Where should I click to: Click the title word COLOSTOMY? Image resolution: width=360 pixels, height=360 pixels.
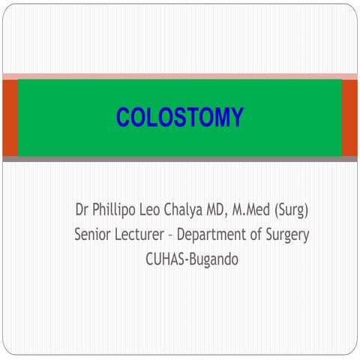pyautogui.click(x=180, y=118)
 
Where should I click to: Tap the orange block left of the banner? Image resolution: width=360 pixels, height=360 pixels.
pyautogui.click(x=9, y=118)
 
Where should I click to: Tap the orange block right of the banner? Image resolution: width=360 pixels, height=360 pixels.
pyautogui.click(x=349, y=118)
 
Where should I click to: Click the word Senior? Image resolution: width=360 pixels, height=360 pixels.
pyautogui.click(x=96, y=234)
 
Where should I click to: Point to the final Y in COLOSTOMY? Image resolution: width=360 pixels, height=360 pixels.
pyautogui.click(x=237, y=118)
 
